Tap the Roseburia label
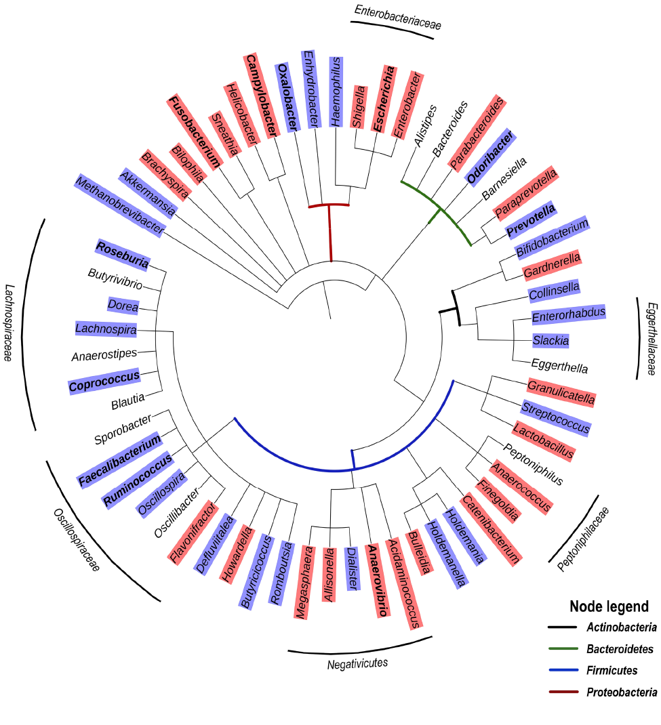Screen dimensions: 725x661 coord(123,252)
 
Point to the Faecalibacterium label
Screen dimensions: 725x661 coord(121,461)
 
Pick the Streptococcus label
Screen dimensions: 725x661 coord(556,418)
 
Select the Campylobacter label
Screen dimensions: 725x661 coord(261,96)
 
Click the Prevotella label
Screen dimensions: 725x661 coord(532,220)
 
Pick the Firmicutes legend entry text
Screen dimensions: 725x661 coord(612,671)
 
